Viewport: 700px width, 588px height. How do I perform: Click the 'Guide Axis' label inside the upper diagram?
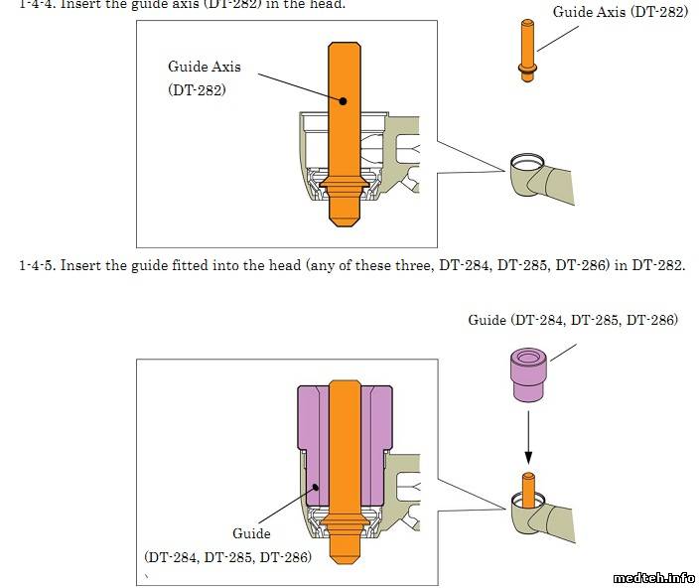[x=204, y=67]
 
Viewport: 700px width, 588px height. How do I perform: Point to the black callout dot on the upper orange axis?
[x=342, y=100]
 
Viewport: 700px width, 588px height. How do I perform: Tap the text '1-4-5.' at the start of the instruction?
[x=38, y=266]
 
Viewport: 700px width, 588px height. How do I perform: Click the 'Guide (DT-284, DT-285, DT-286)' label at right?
[x=573, y=320]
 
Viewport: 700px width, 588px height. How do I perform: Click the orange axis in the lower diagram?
[x=343, y=467]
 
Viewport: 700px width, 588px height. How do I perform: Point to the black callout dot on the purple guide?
[x=315, y=487]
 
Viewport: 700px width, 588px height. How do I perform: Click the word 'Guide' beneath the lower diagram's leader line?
[x=251, y=533]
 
